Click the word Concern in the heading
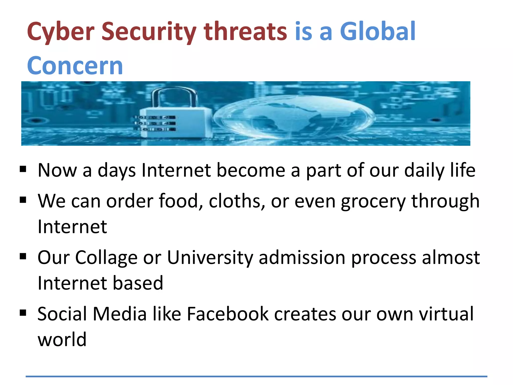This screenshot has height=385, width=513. (x=75, y=66)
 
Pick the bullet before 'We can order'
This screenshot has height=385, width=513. (x=23, y=200)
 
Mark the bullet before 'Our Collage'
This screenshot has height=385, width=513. (x=23, y=256)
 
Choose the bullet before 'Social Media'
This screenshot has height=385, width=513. (x=23, y=313)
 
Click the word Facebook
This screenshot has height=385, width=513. (x=227, y=314)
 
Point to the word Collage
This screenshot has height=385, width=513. (x=106, y=258)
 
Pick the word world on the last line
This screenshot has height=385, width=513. (x=62, y=339)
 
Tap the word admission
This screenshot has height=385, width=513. (x=302, y=258)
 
